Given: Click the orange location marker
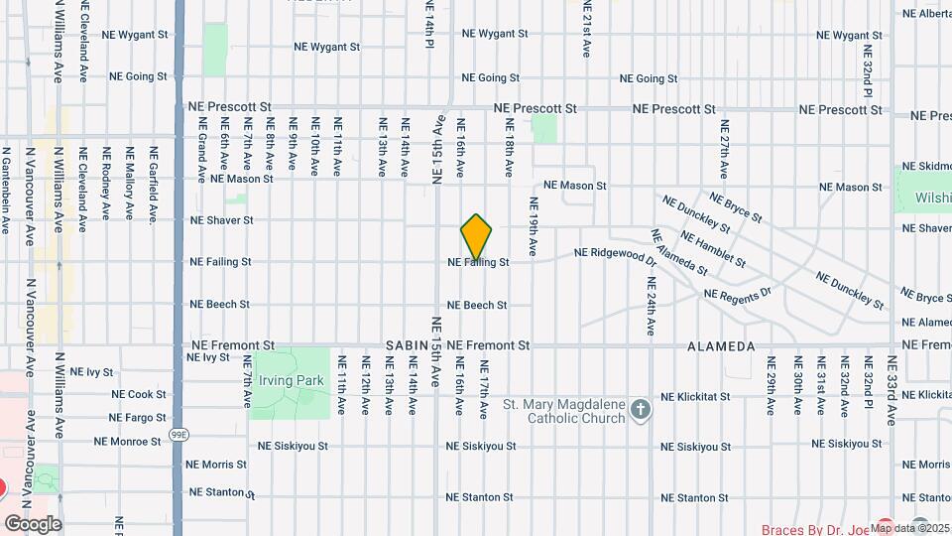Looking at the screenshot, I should (477, 236).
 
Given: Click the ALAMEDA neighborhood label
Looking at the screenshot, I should (721, 346).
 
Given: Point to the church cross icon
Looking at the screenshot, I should (641, 409).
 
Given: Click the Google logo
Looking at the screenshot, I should (33, 523).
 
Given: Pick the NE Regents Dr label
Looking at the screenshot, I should (737, 294).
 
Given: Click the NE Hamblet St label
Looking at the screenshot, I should (712, 247).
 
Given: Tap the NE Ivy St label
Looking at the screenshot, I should (91, 372).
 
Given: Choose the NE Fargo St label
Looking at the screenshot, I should (138, 418).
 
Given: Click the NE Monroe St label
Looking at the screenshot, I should (127, 442).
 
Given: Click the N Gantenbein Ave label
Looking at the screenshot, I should (5, 192).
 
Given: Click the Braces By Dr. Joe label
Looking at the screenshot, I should (813, 529).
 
